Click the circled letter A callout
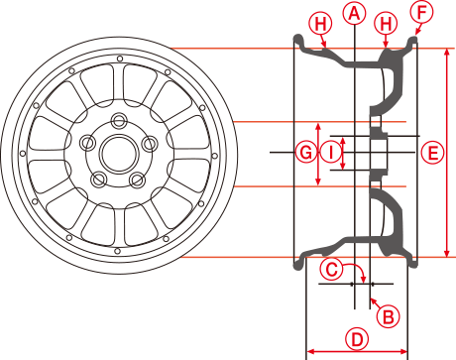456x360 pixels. coord(354,13)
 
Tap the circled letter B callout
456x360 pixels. coord(389,316)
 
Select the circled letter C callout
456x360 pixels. coord(331,269)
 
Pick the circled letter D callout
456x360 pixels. coord(357,339)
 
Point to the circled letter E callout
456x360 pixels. coord(432,153)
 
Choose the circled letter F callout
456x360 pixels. coord(421,12)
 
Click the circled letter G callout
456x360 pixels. coord(306,153)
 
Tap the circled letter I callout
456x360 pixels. coord(331,153)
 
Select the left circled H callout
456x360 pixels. coord(320,24)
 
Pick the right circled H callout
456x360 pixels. coord(386,24)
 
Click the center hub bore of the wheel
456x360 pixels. coord(118,154)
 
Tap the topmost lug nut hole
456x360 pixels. coord(119,120)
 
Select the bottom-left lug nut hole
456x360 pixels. coord(98,180)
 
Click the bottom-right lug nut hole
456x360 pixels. coord(138,180)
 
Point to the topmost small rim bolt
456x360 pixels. coord(120,59)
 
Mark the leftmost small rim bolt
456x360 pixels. coord(23,153)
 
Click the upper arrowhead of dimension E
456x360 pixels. coord(447,52)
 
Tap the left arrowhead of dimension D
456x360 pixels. coord(310,351)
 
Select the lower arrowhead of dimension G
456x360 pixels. coord(318,181)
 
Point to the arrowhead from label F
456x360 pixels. coord(416,32)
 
